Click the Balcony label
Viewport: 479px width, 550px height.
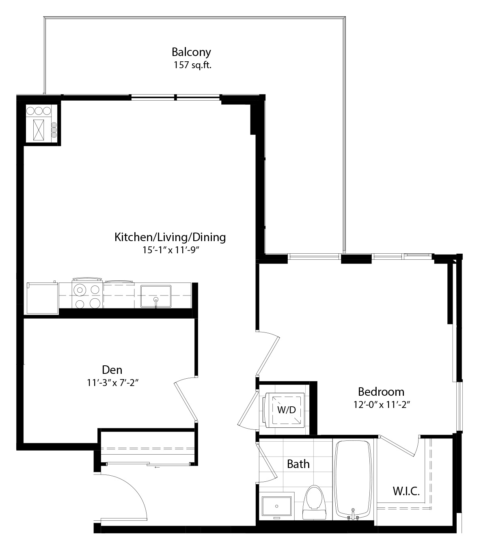191,52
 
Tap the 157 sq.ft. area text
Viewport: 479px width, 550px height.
192,65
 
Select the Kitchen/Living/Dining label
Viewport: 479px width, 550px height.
170,237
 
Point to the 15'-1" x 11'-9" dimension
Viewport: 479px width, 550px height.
170,250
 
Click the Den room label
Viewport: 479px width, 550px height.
112,370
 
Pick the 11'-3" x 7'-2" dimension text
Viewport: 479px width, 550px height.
112,382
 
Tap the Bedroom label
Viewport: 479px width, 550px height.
381,392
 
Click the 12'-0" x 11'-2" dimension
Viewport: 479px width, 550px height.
382,405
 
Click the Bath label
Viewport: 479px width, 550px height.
298,464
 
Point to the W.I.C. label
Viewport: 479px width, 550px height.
406,491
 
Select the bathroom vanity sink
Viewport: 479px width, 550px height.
276,506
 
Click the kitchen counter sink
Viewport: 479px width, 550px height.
155,296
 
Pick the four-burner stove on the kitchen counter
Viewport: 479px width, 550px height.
87,295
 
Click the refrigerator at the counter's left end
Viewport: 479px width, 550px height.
43,298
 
